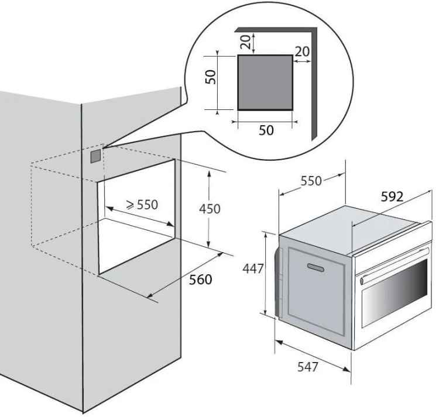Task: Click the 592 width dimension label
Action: click(392, 197)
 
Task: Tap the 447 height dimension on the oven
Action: click(253, 269)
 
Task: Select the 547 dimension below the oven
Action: click(308, 367)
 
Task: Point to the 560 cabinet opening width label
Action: click(200, 280)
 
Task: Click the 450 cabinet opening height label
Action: click(210, 209)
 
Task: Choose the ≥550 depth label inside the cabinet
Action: click(142, 205)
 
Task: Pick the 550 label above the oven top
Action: click(311, 181)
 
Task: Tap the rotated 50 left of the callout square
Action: click(211, 77)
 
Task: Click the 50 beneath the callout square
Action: click(266, 130)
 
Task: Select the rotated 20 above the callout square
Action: click(245, 42)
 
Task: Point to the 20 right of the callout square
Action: click(303, 51)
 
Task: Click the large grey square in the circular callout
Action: click(265, 82)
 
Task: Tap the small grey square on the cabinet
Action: click(95, 156)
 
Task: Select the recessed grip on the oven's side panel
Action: click(315, 268)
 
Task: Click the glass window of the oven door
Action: click(395, 294)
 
